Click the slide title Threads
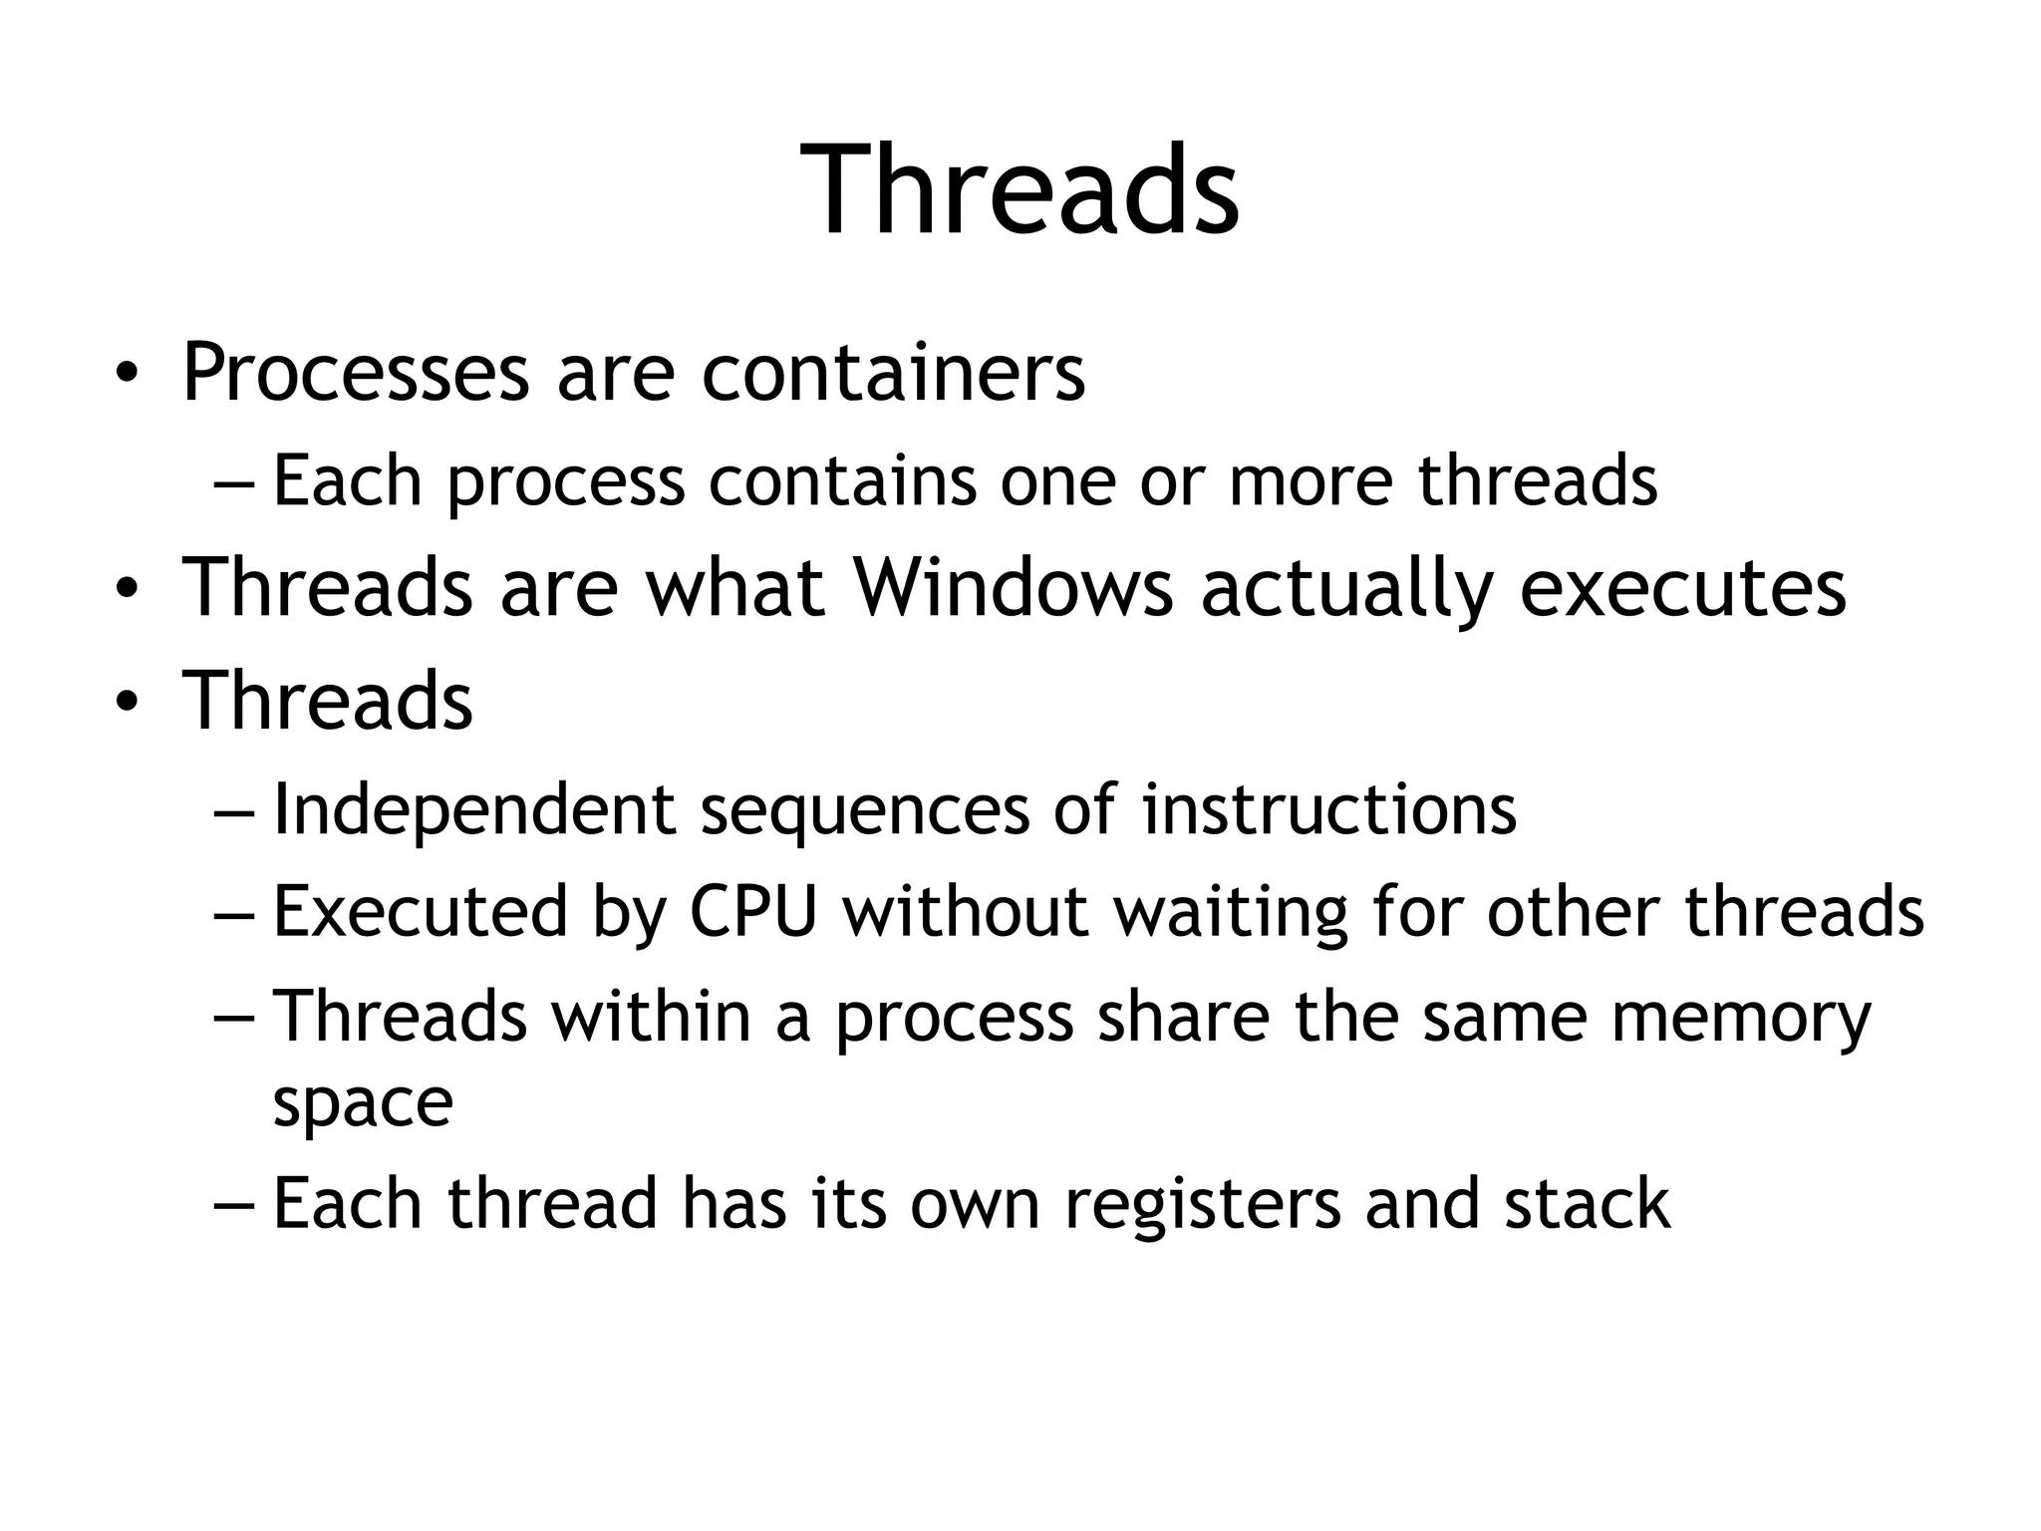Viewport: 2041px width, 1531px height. tap(1020, 189)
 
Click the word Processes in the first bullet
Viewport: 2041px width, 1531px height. tap(355, 374)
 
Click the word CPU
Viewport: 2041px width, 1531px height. tap(753, 911)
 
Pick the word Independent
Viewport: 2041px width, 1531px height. tap(474, 809)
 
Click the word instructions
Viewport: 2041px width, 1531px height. tap(1328, 809)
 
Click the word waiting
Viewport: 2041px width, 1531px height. tap(1231, 911)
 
